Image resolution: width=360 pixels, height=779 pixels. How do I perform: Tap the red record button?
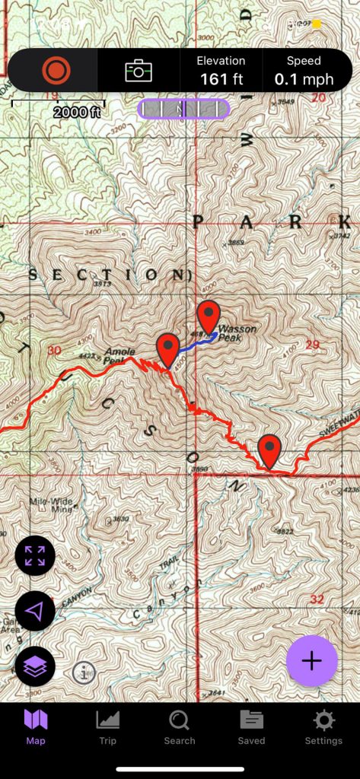(56, 71)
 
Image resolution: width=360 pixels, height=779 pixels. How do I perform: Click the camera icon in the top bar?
(139, 71)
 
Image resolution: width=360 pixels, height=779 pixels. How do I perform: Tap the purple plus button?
(311, 661)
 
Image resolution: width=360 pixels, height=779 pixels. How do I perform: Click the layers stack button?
(35, 667)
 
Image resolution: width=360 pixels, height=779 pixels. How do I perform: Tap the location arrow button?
(35, 611)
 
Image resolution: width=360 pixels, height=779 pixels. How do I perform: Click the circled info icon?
(84, 672)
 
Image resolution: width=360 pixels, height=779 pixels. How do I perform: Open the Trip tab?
(107, 727)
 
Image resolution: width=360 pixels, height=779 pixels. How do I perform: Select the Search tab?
(180, 727)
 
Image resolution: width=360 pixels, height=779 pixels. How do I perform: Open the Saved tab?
(251, 727)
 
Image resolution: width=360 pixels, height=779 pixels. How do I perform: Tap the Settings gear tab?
(323, 727)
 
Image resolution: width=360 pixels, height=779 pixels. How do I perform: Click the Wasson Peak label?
(237, 334)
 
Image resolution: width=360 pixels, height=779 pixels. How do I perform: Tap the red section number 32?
(317, 599)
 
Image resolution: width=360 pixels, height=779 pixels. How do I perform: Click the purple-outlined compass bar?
(183, 109)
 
